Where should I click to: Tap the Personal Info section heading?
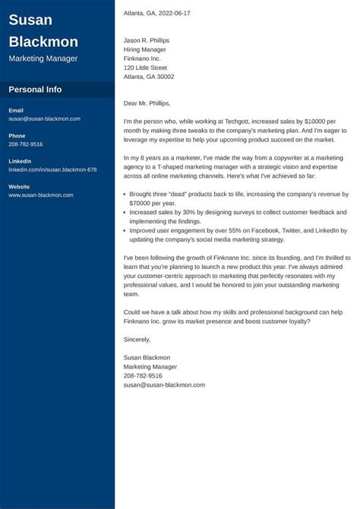(35, 90)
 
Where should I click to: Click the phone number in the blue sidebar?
(26, 144)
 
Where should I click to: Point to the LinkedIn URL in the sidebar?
(52, 169)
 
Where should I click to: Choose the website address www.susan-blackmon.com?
(41, 195)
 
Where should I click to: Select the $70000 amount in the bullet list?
(144, 204)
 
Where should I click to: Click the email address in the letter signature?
(164, 385)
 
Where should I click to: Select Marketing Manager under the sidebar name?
(43, 58)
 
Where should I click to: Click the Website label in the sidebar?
(20, 187)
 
